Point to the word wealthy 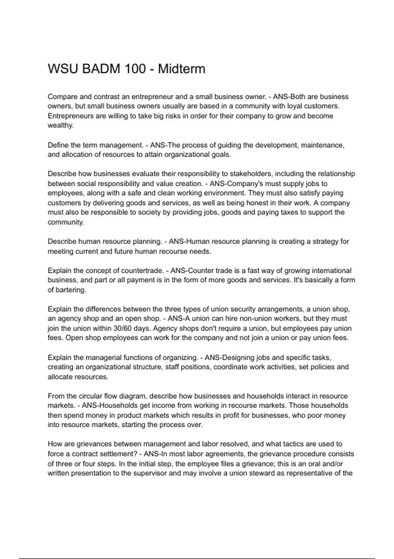(60, 126)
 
